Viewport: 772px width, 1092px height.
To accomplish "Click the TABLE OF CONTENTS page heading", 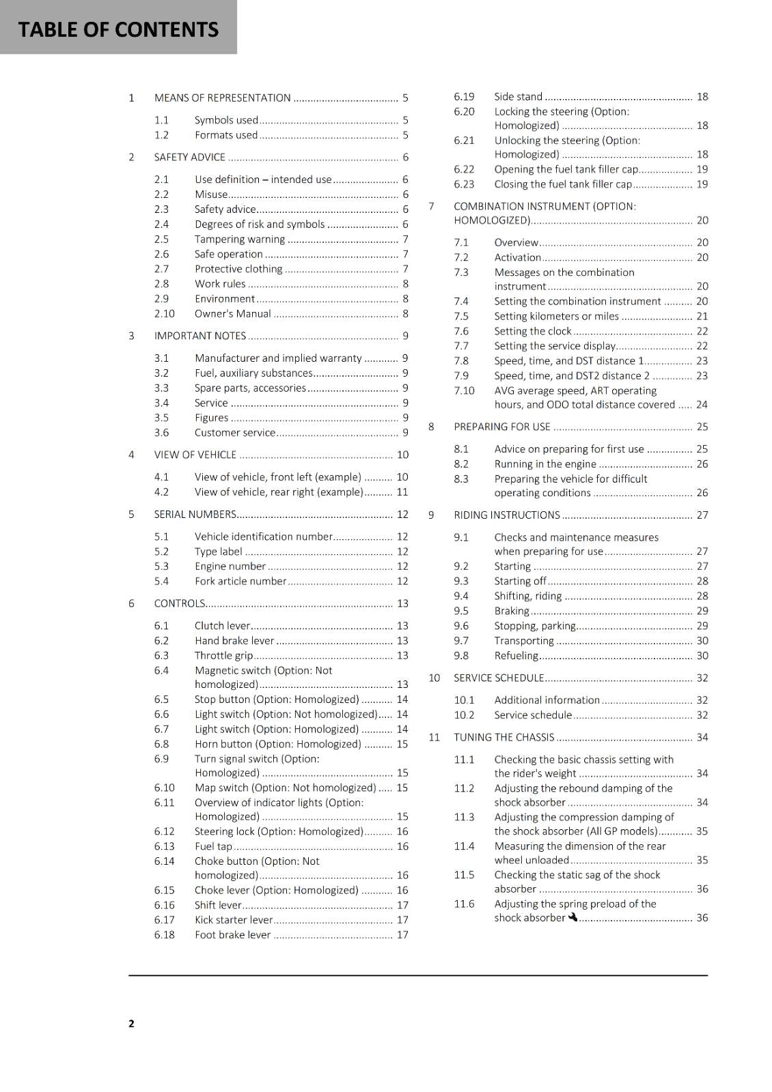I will pos(118,29).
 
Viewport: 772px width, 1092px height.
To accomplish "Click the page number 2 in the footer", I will pos(131,1023).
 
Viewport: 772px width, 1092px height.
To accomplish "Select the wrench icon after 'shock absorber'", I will pos(573,917).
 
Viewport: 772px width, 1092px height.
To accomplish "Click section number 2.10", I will pos(164,314).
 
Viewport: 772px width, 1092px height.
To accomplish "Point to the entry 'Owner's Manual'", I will pos(232,314).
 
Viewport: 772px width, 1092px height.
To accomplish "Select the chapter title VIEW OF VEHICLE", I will pos(195,455).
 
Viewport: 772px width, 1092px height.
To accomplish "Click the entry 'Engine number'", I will pos(230,566).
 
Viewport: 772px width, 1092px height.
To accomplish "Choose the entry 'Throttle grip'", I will pos(223,656).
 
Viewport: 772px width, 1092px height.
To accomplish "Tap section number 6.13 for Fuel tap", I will pos(164,846).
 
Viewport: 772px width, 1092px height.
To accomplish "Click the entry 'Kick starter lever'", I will pos(233,920).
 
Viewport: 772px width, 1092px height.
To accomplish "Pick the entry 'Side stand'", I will pos(518,97).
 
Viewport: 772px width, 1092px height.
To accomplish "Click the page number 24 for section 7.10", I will pos(702,405).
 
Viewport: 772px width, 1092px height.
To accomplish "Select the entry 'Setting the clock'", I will pos(532,332).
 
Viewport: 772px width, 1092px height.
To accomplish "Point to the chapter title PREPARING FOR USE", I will pos(501,427).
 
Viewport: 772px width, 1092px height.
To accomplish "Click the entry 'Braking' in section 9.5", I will pos(511,611).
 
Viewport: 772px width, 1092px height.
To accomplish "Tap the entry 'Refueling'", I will pos(516,656).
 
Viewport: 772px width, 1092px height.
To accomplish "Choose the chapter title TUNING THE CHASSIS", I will pos(504,737).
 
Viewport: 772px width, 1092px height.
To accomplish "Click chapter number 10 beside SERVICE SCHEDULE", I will pos(434,678).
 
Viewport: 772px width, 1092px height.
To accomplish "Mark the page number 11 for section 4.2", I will pos(402,492).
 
